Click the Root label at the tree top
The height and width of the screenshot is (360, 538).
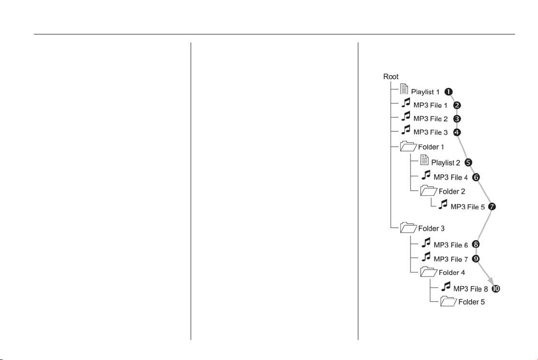391,76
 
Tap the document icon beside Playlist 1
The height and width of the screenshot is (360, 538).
404,89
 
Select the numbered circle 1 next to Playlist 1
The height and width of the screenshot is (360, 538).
449,92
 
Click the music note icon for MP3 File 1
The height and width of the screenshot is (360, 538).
406,103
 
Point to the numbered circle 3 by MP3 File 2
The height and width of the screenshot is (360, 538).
457,119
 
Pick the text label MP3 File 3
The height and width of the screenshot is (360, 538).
431,132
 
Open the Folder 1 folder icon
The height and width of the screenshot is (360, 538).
408,146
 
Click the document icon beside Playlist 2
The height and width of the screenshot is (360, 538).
425,160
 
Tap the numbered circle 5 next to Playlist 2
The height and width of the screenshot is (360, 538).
468,162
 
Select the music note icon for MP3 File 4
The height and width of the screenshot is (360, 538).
426,175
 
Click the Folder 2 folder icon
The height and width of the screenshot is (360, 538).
429,190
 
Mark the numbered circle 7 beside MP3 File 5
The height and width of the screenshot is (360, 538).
492,207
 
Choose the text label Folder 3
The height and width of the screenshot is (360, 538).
431,229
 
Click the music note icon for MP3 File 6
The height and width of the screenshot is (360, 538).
426,243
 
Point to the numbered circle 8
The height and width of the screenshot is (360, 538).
476,244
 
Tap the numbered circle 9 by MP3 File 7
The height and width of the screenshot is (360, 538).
476,259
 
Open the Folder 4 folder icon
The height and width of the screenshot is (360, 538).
429,272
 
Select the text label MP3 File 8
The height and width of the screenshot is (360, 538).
471,289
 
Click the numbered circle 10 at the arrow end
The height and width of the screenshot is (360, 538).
496,289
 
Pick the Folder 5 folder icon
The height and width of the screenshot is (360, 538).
449,301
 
